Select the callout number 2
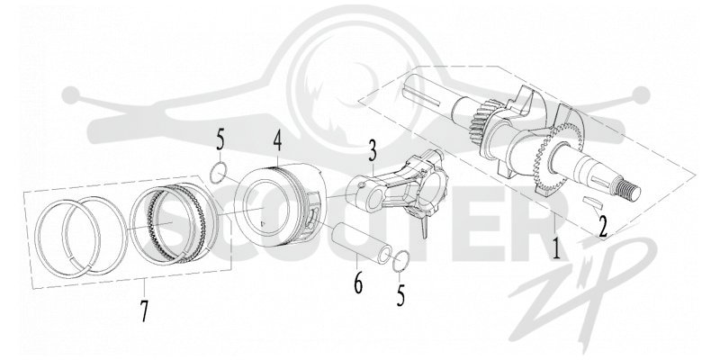pos(602,227)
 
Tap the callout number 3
pos(372,151)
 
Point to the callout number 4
pos(277,143)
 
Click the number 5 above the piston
pos(220,141)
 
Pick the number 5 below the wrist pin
pos(400,295)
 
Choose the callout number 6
pos(358,283)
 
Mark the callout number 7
pos(144,310)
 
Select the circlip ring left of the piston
pos(217,173)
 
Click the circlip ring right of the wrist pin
pos(400,261)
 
